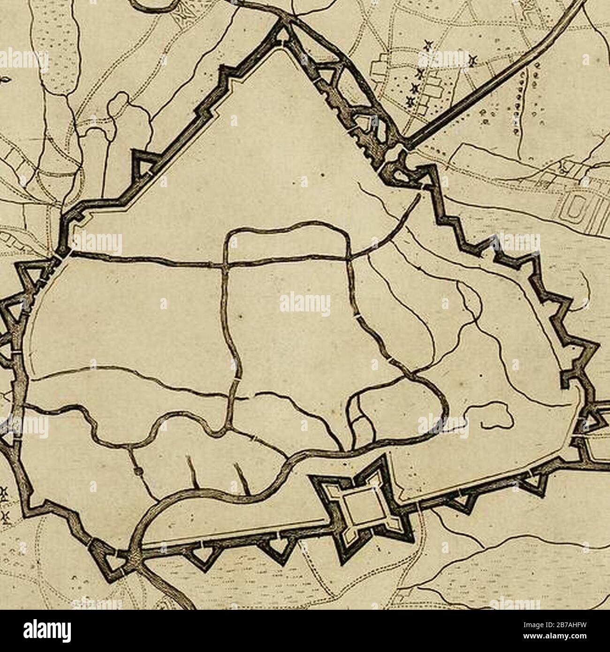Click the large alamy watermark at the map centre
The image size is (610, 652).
pyautogui.click(x=305, y=305)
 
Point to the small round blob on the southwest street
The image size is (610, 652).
pyautogui.click(x=137, y=471)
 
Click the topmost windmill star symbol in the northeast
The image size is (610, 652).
pyautogui.click(x=427, y=45)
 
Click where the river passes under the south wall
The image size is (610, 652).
pyautogui.click(x=134, y=553)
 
